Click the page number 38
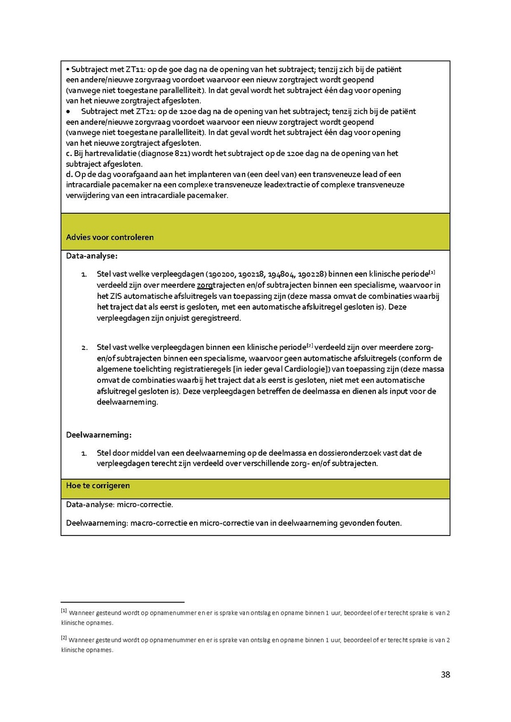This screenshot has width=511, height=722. click(x=445, y=674)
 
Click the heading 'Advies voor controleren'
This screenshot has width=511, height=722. click(x=110, y=237)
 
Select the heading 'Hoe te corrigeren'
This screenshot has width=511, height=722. click(x=98, y=485)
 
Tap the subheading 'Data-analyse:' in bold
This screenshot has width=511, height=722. click(x=92, y=256)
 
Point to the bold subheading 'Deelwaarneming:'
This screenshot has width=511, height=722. click(x=99, y=435)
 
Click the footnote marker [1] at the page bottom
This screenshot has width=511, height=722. click(x=64, y=611)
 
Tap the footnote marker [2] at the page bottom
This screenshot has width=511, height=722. click(x=64, y=638)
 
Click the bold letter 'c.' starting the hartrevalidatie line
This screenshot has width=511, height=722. click(x=69, y=153)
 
